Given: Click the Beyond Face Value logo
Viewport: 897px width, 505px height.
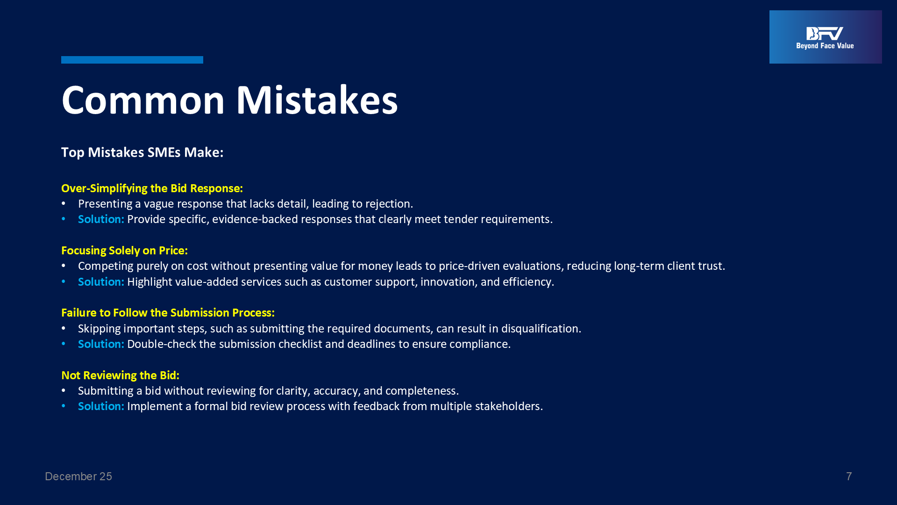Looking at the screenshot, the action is (x=826, y=37).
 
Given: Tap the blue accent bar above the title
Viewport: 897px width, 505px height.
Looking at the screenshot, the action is (x=132, y=59).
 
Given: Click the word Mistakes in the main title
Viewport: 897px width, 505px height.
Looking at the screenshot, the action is (x=317, y=100).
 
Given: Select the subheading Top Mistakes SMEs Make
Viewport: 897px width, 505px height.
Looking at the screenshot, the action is (x=142, y=152).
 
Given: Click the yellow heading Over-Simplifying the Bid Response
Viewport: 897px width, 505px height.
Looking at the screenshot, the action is (x=152, y=188).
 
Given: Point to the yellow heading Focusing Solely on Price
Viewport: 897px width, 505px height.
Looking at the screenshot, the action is (x=124, y=251).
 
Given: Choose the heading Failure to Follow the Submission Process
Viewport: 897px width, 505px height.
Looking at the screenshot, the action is (x=168, y=313).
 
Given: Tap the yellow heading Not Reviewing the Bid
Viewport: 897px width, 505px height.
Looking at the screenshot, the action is (x=120, y=375).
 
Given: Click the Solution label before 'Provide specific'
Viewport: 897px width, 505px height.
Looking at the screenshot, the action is (x=101, y=219).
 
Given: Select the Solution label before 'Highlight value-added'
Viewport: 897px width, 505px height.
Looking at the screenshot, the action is (x=101, y=282).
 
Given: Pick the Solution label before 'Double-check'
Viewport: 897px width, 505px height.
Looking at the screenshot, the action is (x=101, y=344).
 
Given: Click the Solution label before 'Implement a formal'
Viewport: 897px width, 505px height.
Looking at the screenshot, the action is (x=101, y=406).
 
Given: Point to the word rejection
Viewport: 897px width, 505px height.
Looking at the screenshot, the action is (x=389, y=204).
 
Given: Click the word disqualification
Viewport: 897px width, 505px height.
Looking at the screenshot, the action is (x=541, y=329).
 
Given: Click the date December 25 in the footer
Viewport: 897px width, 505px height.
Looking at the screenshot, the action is (x=78, y=476).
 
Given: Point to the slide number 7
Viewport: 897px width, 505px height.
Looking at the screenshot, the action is (x=849, y=476).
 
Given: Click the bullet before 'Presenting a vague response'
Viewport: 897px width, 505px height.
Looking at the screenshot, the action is (x=64, y=204).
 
